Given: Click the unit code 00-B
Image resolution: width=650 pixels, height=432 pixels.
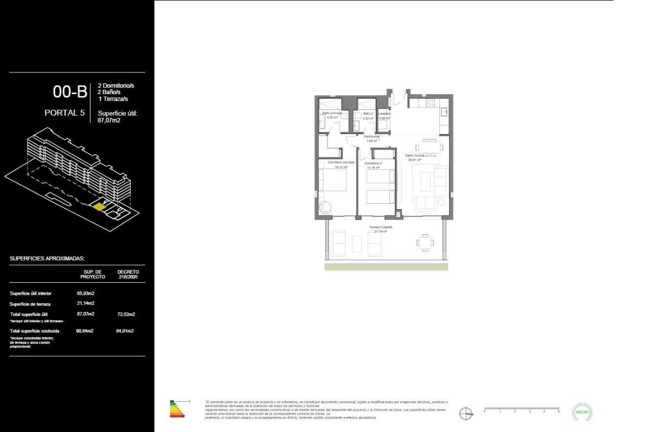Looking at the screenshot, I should [x=70, y=92].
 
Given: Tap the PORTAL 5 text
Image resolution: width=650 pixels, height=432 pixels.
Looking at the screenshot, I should [x=66, y=113].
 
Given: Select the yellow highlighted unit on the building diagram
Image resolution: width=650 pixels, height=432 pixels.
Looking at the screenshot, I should [x=99, y=205].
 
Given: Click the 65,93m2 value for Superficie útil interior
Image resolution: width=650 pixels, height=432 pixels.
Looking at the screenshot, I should [x=86, y=293].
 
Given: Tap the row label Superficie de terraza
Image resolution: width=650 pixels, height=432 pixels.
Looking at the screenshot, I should [x=30, y=304].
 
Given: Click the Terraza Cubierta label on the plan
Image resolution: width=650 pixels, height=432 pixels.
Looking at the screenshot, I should [x=380, y=227].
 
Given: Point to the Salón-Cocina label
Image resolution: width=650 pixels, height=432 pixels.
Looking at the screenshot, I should [x=414, y=155].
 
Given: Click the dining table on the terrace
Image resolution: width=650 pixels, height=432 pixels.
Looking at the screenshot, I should [x=425, y=243].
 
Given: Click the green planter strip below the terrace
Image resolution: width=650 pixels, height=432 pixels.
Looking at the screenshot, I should [x=386, y=267].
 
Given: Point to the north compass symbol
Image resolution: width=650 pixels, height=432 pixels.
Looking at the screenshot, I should [x=466, y=414].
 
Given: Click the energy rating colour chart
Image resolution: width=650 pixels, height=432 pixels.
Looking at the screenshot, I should [x=178, y=409].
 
